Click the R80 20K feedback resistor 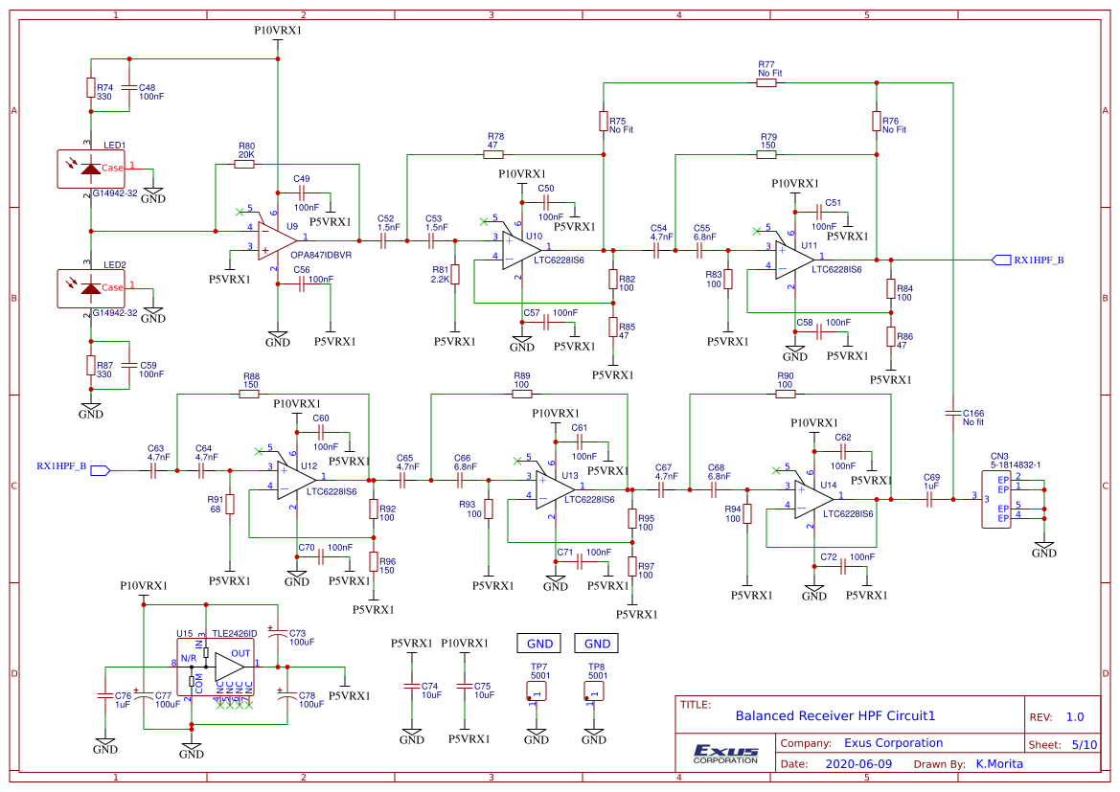pyautogui.click(x=244, y=164)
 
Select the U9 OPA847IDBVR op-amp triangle pyautogui.click(x=279, y=238)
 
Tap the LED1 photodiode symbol pyautogui.click(x=91, y=169)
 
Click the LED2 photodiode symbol pyautogui.click(x=91, y=288)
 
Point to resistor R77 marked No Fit pyautogui.click(x=766, y=83)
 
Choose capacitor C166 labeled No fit pyautogui.click(x=952, y=413)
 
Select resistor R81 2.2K pyautogui.click(x=455, y=274)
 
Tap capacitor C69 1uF pyautogui.click(x=929, y=497)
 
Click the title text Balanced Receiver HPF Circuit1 pyautogui.click(x=834, y=715)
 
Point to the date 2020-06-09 pyautogui.click(x=857, y=764)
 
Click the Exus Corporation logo pyautogui.click(x=725, y=754)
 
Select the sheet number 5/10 pyautogui.click(x=1084, y=744)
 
